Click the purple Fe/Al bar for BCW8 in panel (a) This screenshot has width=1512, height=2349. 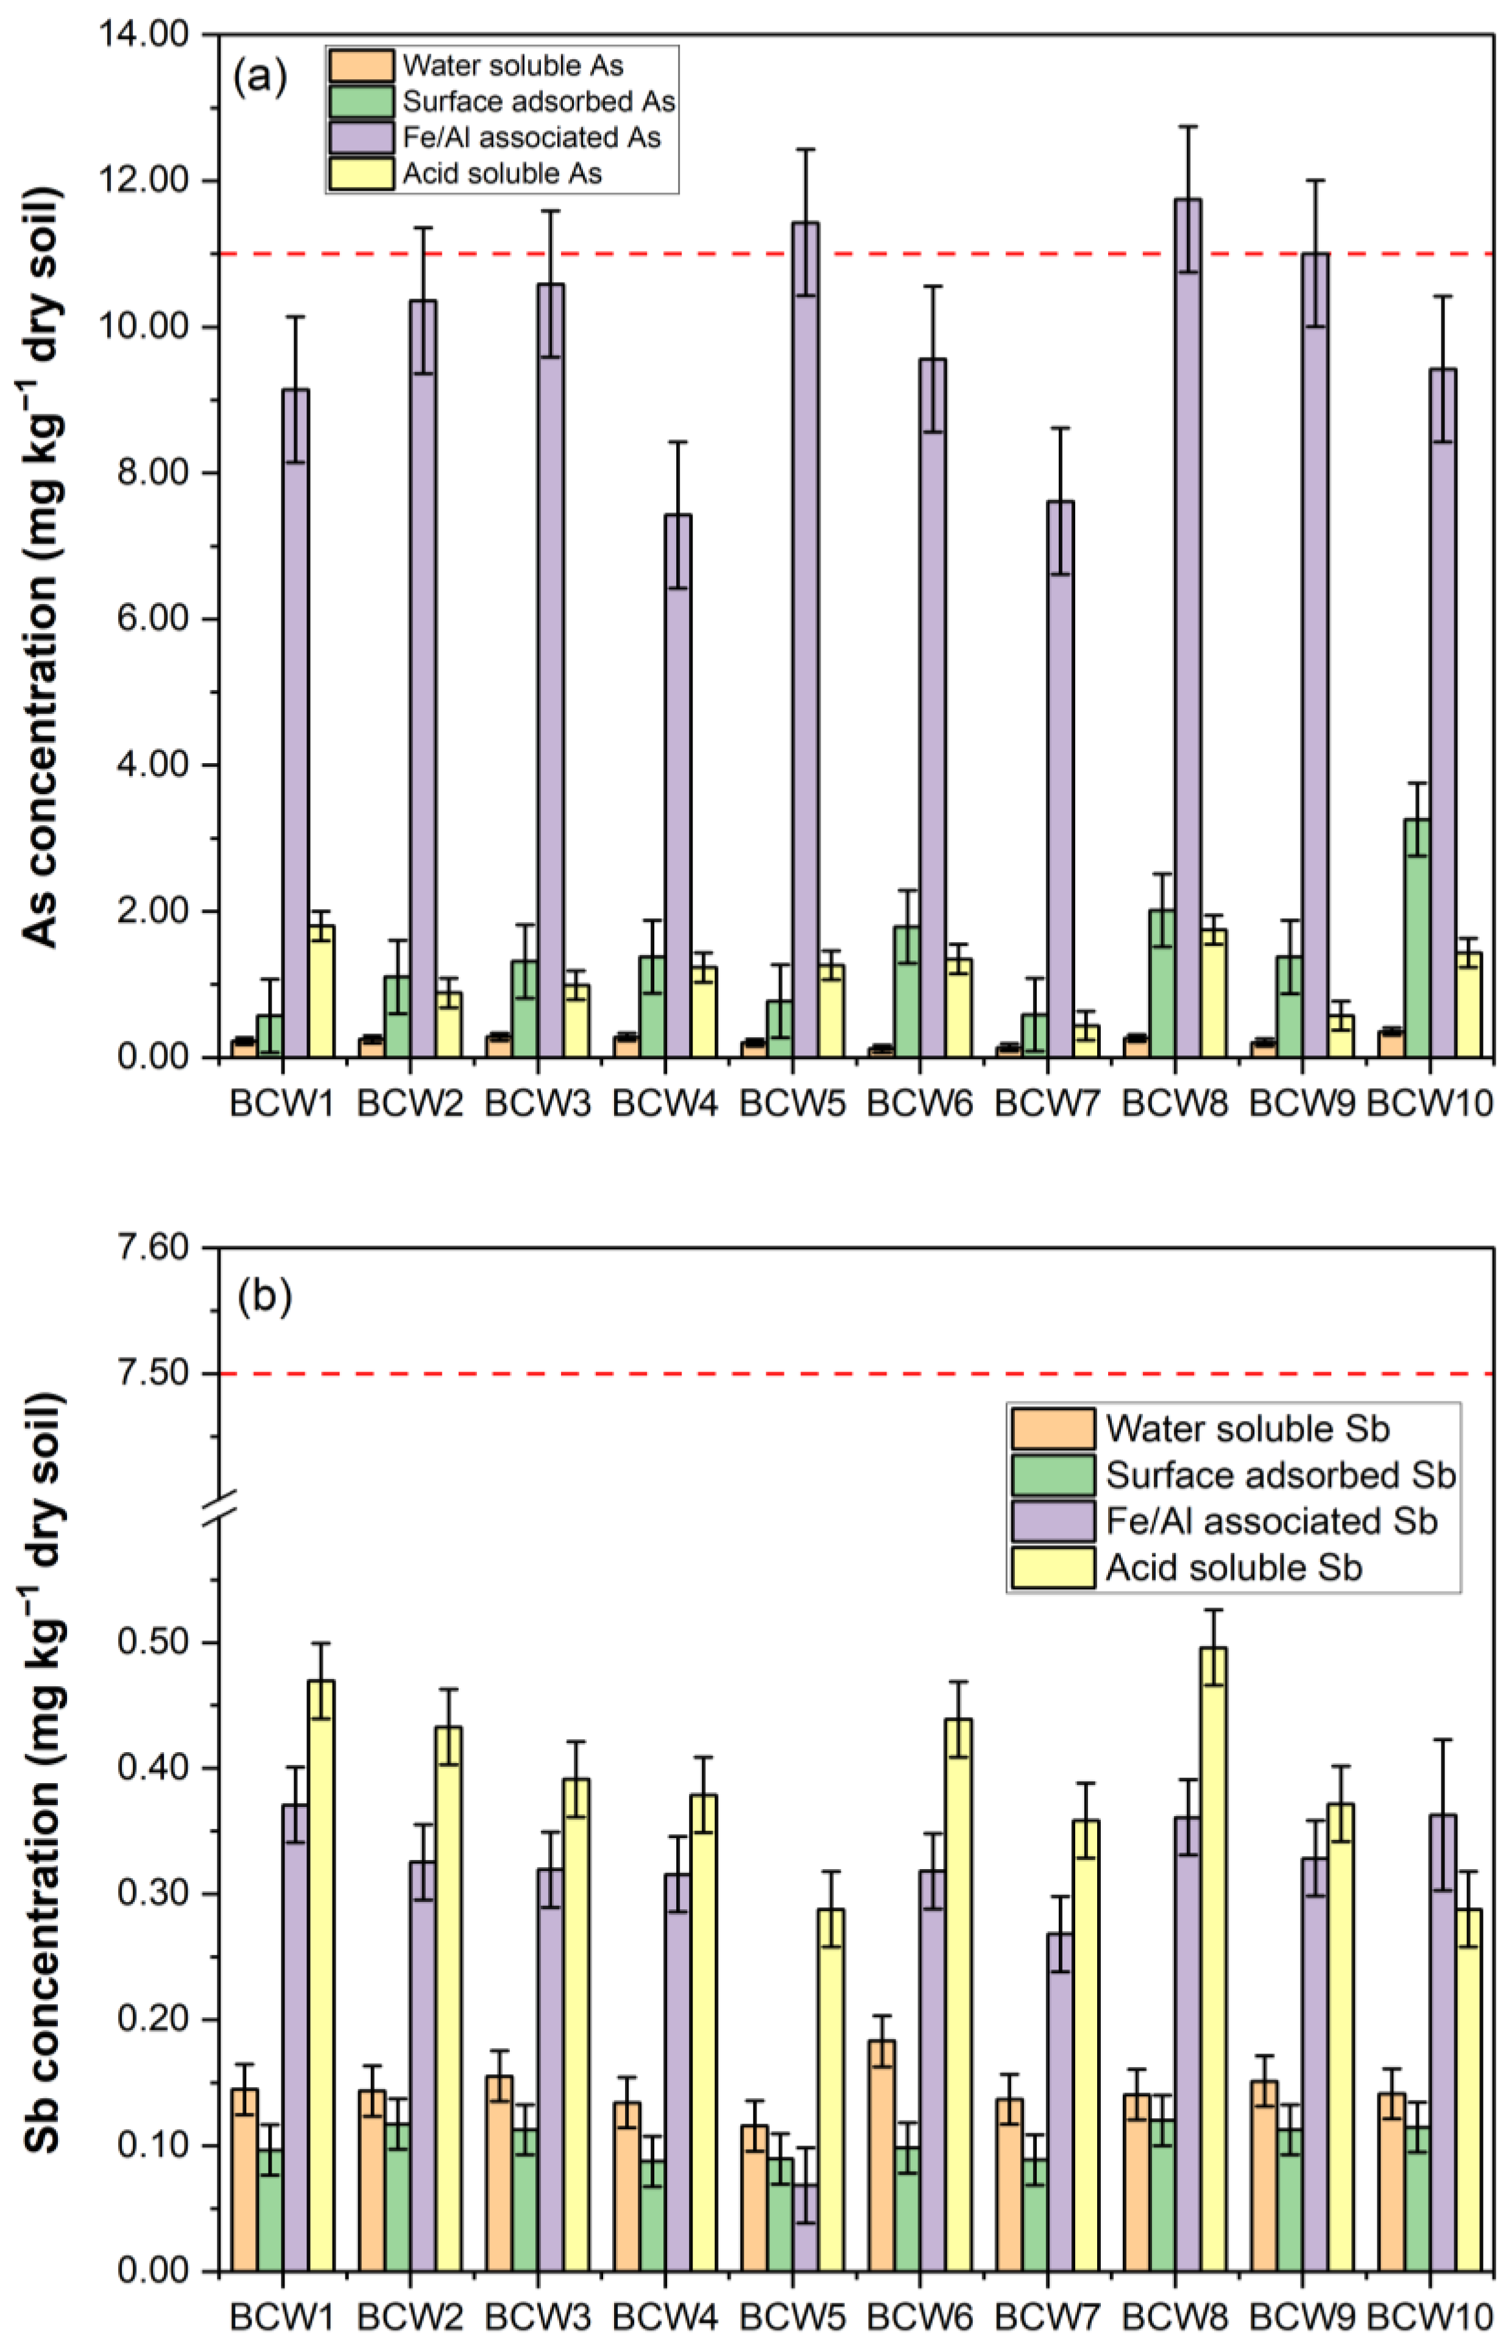point(1188,629)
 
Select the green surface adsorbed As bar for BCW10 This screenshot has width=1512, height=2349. point(1417,937)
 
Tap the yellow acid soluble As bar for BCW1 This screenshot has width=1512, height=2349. point(321,990)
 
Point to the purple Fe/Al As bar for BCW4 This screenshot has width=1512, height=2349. point(677,785)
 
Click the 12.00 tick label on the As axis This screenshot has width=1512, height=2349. point(143,181)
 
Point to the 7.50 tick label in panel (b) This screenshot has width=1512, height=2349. point(152,1373)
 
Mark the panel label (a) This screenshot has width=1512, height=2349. point(260,77)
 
